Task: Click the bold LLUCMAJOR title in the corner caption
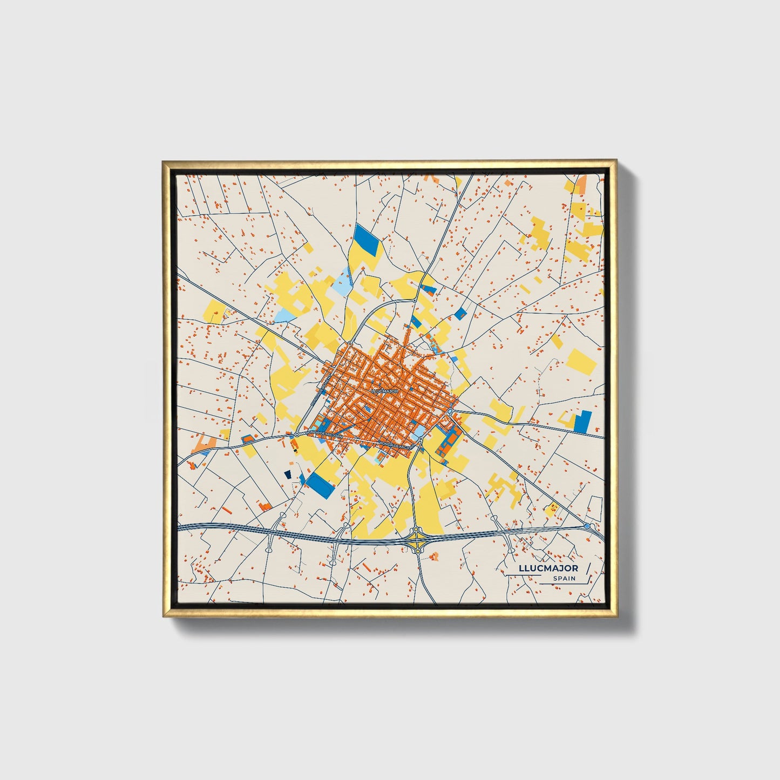click(x=548, y=568)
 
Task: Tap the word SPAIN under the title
click(x=564, y=578)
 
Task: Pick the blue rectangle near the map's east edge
click(x=583, y=422)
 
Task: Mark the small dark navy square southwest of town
click(x=288, y=473)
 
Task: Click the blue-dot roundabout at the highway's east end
click(x=587, y=525)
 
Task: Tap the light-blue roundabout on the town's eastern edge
click(x=450, y=412)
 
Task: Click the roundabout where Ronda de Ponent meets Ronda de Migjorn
click(x=297, y=434)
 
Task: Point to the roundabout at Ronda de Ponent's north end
click(x=350, y=344)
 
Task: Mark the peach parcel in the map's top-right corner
click(x=582, y=184)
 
